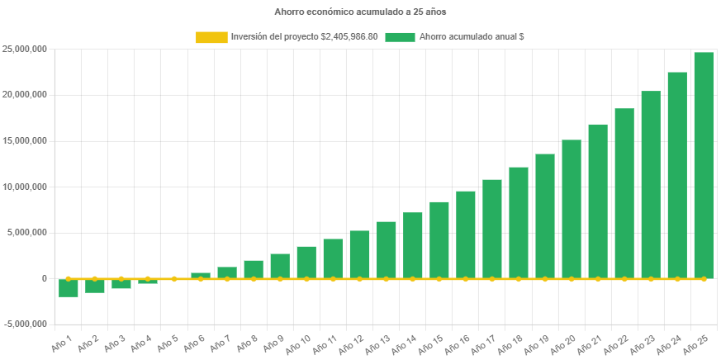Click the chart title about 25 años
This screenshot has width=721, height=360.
tap(360, 12)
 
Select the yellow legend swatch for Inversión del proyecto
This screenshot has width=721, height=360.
tap(211, 37)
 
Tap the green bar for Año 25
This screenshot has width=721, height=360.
tap(704, 165)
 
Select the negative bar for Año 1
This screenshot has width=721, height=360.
tap(69, 287)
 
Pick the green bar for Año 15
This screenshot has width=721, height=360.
tap(439, 239)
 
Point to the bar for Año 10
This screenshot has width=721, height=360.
tap(306, 262)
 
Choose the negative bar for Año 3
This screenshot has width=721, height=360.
tap(121, 284)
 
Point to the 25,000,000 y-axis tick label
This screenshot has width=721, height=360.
tap(24, 49)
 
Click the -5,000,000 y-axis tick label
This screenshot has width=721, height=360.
tap(24, 324)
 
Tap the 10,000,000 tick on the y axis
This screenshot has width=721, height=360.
tap(24, 187)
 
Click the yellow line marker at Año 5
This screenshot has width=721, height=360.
tap(174, 279)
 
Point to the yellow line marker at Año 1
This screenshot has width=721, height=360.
tap(69, 279)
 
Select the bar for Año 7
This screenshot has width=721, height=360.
tap(227, 272)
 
